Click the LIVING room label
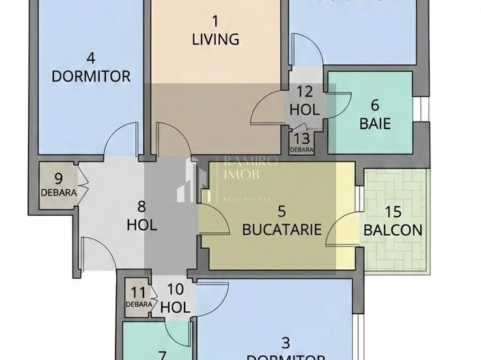click(215, 40)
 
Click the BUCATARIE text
click(281, 230)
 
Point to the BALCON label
click(392, 230)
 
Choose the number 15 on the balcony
click(392, 212)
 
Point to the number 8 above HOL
click(141, 207)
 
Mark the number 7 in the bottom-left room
click(162, 355)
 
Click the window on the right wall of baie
click(423, 109)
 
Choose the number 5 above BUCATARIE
click(281, 212)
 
